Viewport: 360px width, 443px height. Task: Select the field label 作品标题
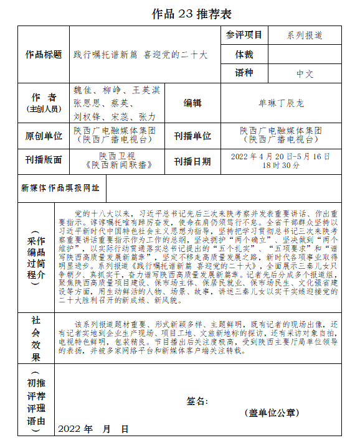pos(44,54)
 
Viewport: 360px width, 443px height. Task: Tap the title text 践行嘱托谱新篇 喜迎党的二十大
pos(140,55)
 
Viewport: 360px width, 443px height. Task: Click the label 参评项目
pos(244,35)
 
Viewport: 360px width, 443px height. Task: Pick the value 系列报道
pos(305,35)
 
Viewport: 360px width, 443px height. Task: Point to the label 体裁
pos(244,54)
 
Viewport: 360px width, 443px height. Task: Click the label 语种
pos(244,73)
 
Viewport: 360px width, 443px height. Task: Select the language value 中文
pos(305,73)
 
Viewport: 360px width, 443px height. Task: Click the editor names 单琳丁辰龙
pos(281,103)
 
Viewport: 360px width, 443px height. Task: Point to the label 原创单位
pos(44,136)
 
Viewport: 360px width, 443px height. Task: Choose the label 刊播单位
pos(192,136)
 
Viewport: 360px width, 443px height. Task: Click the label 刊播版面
pos(44,160)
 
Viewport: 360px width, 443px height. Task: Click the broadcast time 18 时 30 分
pos(280,166)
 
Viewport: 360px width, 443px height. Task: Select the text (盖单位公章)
pos(271,413)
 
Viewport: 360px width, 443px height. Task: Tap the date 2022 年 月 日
pos(93,429)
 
